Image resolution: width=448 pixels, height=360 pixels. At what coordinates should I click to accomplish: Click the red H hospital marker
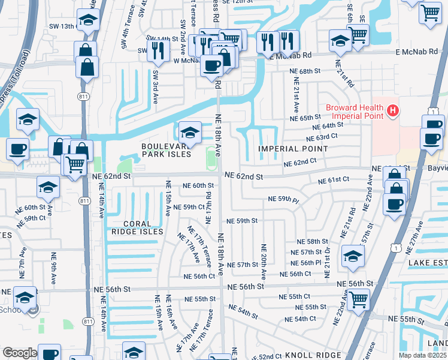pos(392,110)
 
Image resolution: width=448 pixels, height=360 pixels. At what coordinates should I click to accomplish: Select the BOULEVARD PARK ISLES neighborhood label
pos(166,150)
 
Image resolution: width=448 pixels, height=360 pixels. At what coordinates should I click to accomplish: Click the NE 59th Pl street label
pos(283,199)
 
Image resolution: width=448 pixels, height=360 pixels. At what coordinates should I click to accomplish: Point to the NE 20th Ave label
pos(263,260)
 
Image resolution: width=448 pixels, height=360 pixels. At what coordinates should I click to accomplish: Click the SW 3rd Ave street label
pos(155,82)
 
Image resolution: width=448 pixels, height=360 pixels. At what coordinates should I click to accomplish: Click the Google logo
pos(20,353)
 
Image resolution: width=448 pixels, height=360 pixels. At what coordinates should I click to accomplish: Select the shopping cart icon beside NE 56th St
pos(358,298)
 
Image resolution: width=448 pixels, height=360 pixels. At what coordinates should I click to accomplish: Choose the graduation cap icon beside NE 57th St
pos(353,256)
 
